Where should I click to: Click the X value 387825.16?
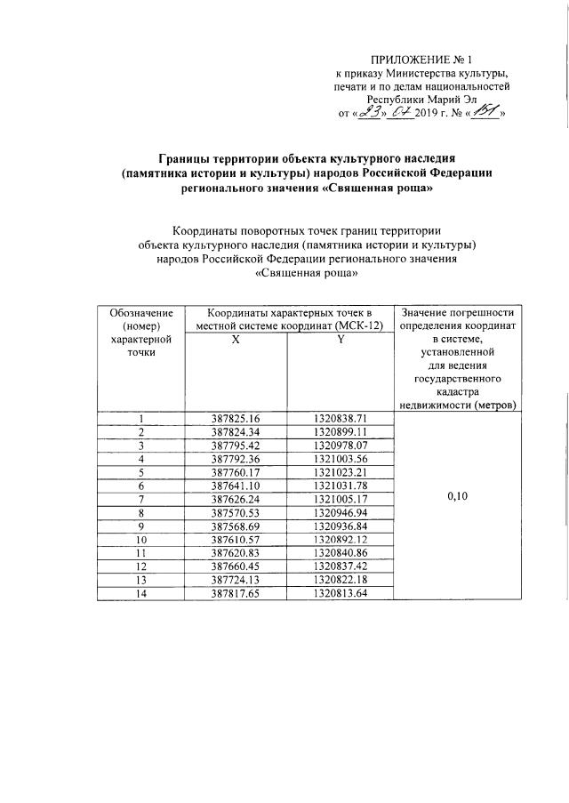pyautogui.click(x=235, y=418)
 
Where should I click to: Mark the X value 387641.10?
pyautogui.click(x=235, y=486)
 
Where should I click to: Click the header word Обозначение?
pyautogui.click(x=140, y=314)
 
